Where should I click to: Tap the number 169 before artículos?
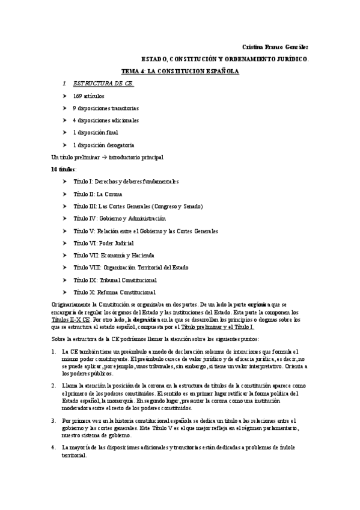point(78,96)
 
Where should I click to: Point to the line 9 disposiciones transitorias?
point(106,108)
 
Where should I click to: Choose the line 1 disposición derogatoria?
point(103,145)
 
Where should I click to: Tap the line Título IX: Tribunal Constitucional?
point(115,280)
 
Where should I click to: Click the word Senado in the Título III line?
point(190,206)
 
